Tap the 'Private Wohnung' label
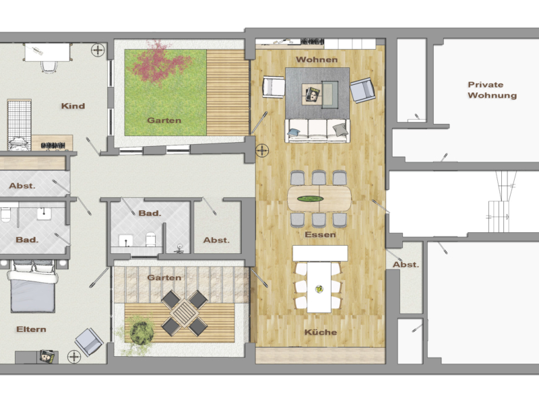click(x=493, y=90)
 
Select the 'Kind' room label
click(x=73, y=106)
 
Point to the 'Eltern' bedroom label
click(x=32, y=329)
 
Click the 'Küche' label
click(x=320, y=333)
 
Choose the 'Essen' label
click(x=320, y=235)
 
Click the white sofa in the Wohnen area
click(x=317, y=129)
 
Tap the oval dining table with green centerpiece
click(x=319, y=198)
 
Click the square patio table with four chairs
click(x=183, y=312)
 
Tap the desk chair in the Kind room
click(x=48, y=65)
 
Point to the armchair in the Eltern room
click(x=88, y=341)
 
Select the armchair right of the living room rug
click(x=361, y=90)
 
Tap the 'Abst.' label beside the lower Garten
click(x=216, y=240)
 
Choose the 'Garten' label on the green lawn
click(x=164, y=121)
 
